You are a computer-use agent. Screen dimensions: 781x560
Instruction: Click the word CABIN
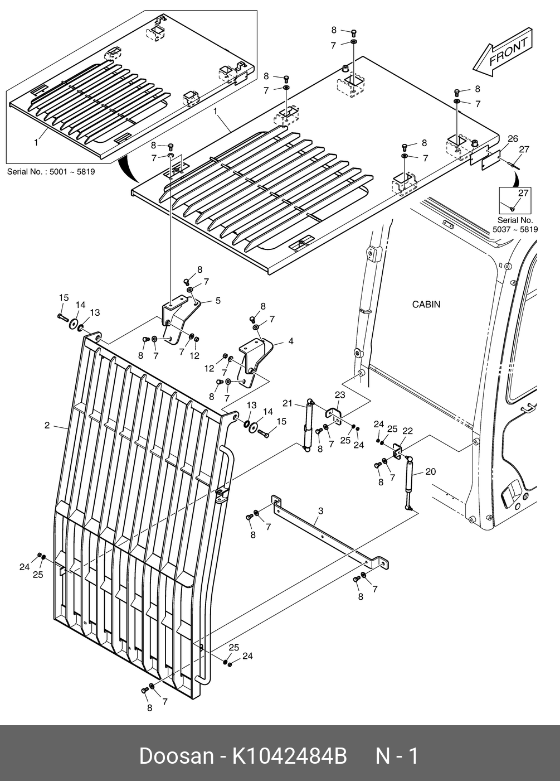coord(426,305)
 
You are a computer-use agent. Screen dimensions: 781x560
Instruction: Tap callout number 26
coord(513,139)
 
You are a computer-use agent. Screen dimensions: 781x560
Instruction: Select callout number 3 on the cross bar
coord(321,510)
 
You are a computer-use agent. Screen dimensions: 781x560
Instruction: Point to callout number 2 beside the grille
coord(47,426)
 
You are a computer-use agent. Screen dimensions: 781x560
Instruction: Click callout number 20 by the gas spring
coord(430,471)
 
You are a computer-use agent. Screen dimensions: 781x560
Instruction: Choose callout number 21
coord(288,403)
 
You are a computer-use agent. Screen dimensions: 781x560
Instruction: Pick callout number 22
coord(407,431)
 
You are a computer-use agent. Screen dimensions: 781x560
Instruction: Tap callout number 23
coord(340,395)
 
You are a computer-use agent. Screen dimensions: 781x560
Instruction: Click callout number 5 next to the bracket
coord(218,301)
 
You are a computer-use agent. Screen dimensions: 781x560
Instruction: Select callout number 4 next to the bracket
coord(290,341)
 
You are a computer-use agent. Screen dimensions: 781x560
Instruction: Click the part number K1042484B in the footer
coord(289,756)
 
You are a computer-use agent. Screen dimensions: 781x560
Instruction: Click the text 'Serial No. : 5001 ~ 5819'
coord(51,172)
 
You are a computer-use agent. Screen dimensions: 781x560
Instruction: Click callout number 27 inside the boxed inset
coord(523,194)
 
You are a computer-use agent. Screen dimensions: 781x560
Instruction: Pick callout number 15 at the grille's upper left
coord(64,298)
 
